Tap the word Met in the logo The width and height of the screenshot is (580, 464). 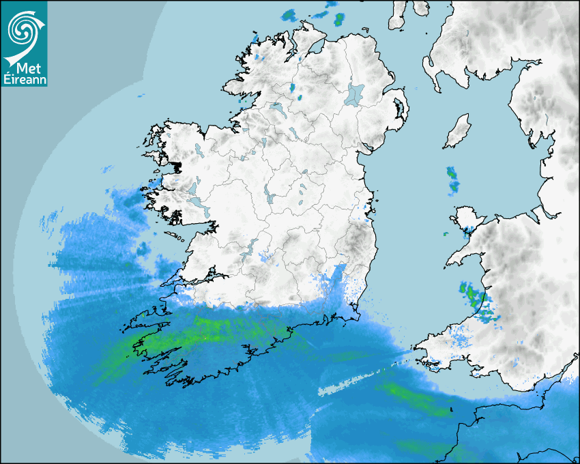click(23, 68)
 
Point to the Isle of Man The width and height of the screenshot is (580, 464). click(457, 132)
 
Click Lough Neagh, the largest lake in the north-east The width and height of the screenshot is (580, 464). click(355, 94)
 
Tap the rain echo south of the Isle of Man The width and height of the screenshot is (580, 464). click(452, 178)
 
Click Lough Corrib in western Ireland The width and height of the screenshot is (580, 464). click(194, 188)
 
